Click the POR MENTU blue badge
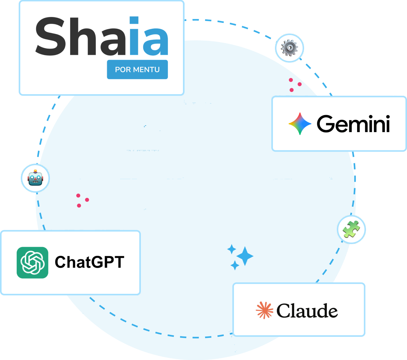137,69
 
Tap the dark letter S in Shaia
51,36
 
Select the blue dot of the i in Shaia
134,20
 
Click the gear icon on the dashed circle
289,48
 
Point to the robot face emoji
35,178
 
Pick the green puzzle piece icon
351,229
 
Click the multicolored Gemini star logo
300,124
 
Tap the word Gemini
353,124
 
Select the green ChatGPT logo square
32,262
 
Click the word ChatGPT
90,262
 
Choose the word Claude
307,310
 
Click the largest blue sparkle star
245,256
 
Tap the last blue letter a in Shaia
156,42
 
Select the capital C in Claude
283,311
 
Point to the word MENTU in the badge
146,69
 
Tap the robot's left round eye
32,177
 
